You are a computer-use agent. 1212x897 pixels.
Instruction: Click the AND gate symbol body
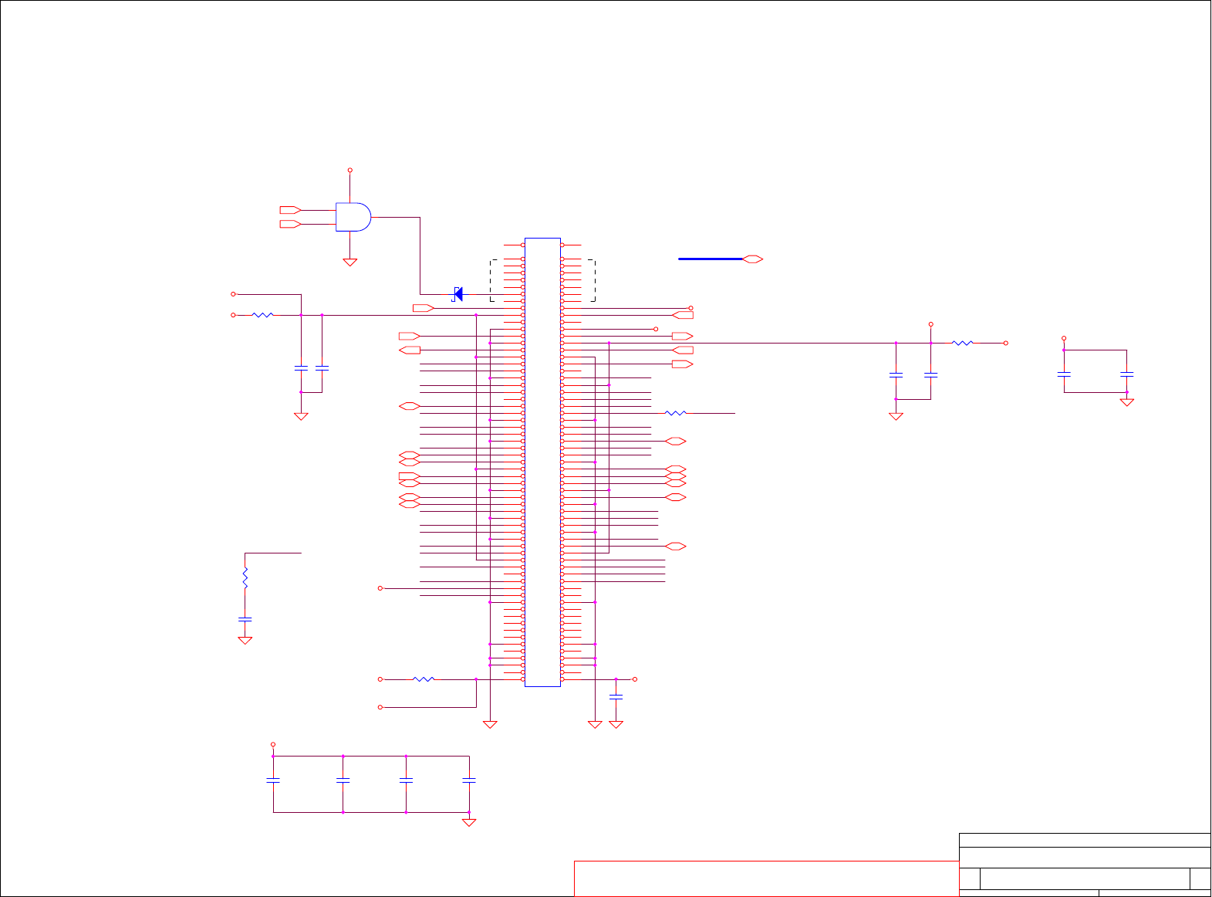click(x=353, y=217)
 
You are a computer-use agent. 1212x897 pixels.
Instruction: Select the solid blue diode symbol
click(x=458, y=294)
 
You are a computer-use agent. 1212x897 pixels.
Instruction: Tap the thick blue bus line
click(x=710, y=259)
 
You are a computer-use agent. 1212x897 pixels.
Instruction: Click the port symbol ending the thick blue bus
click(x=752, y=259)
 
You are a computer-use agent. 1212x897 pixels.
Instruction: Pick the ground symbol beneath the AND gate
click(x=349, y=262)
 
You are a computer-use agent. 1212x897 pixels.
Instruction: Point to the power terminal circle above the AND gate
click(x=349, y=171)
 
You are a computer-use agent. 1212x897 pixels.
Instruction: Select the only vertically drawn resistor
click(x=245, y=578)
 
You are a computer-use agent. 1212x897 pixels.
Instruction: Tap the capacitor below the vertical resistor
click(x=245, y=619)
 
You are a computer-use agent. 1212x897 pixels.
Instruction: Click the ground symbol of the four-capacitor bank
click(x=469, y=823)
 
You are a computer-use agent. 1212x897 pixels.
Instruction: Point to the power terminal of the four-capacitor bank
click(x=273, y=745)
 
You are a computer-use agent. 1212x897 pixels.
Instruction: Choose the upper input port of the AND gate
click(x=289, y=210)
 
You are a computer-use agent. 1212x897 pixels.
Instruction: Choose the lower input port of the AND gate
click(x=289, y=224)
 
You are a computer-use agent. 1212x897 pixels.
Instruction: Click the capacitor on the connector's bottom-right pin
click(x=616, y=697)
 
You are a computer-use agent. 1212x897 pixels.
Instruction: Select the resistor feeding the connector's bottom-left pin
click(x=424, y=679)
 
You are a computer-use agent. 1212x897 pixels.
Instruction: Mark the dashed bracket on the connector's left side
click(x=491, y=280)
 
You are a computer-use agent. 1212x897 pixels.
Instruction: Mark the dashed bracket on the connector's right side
click(x=593, y=280)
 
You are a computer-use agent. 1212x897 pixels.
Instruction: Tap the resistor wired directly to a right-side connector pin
click(x=675, y=413)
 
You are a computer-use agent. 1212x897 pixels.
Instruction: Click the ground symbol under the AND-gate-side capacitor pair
click(x=301, y=417)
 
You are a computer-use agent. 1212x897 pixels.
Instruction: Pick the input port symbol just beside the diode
click(x=424, y=308)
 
